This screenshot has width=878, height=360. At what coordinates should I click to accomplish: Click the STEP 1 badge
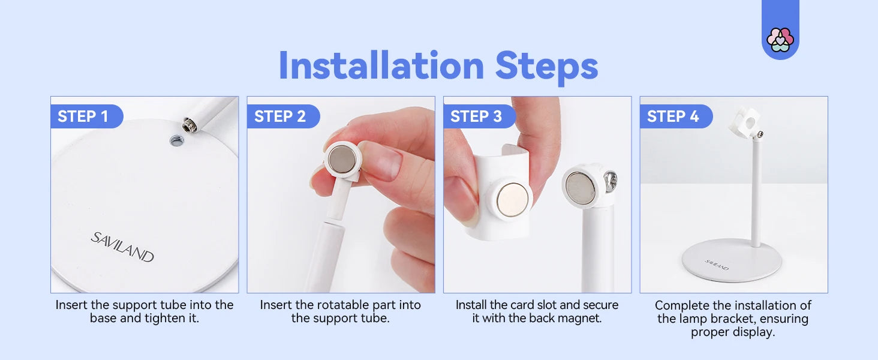pos(86,116)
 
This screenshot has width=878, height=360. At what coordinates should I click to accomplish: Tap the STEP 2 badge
pos(283,116)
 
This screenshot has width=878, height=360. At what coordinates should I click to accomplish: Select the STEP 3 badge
pos(479,116)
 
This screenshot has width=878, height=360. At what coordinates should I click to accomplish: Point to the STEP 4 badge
pos(676,116)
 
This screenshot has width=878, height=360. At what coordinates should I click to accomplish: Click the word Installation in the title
pos(381,65)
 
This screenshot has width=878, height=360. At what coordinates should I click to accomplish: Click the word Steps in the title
pos(546,67)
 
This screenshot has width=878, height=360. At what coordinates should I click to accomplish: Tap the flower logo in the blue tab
pos(780,40)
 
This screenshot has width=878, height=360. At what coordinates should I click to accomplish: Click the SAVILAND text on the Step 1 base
pos(122,247)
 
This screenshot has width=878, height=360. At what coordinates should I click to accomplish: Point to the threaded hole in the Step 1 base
pos(176,140)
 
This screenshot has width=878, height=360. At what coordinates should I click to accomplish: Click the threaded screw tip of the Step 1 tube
pos(190,126)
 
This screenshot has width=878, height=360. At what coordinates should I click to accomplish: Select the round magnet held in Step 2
pos(342,160)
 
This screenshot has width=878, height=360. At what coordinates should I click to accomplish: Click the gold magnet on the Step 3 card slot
pos(512,199)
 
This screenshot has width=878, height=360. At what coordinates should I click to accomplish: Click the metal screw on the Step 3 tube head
pos(611,181)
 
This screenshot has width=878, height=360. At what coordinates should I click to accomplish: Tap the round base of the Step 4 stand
pos(732,260)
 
